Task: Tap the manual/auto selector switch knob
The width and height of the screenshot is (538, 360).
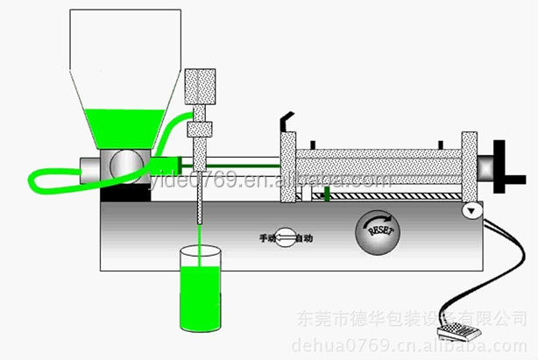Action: click(285, 237)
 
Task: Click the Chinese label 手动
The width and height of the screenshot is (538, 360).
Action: click(265, 237)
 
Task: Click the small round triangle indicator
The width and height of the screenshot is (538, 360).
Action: click(471, 210)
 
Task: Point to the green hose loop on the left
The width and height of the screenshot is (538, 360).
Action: click(53, 179)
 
